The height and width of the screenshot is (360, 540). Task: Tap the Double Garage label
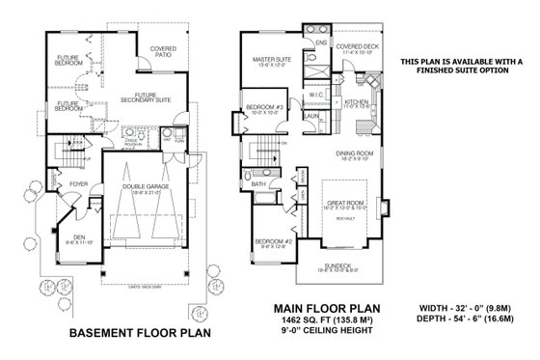148,188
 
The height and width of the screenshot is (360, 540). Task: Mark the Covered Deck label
357,45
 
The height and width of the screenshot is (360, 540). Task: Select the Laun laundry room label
311,116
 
